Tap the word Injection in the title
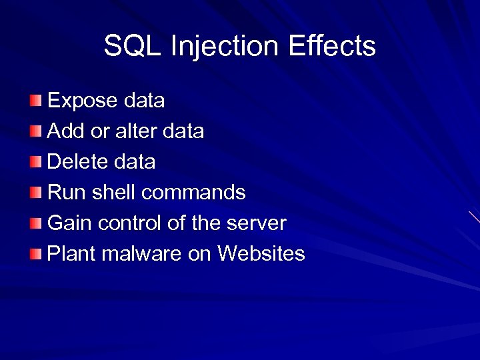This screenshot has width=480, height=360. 224,46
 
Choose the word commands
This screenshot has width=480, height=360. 194,193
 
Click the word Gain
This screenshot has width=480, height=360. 70,223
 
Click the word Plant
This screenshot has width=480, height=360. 71,254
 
